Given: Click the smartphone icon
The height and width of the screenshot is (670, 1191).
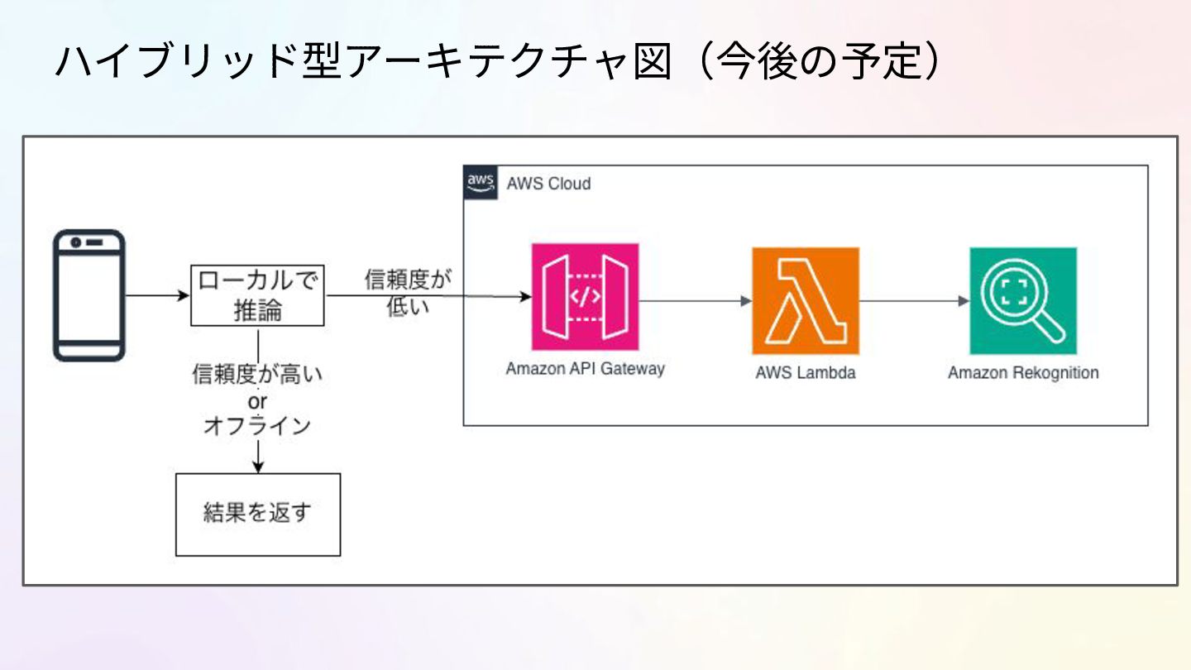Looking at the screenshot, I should [89, 295].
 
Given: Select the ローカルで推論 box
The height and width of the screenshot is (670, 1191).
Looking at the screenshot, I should [258, 295].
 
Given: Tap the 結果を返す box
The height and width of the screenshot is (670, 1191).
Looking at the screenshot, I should [258, 514].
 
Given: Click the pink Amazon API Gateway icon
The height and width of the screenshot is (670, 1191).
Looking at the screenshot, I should [586, 297].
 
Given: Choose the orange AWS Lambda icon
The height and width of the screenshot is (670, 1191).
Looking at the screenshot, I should [805, 300].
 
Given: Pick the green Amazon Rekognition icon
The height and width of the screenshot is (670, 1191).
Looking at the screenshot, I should [1023, 300].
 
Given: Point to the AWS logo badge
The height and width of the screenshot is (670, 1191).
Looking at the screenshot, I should [481, 183].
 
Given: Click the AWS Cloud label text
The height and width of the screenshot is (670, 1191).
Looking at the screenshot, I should [549, 184].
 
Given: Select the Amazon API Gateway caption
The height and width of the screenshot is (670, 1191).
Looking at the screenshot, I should [586, 369].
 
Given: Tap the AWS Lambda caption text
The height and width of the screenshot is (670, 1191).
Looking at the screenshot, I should [805, 372].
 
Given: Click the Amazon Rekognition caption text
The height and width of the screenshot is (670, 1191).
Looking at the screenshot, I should [1023, 372].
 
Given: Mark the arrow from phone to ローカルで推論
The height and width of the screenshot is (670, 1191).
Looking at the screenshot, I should [157, 295].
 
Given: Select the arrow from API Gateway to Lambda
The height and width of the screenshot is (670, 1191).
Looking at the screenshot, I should [695, 301].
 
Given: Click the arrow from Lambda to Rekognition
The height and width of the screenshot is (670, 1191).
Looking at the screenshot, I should [914, 301].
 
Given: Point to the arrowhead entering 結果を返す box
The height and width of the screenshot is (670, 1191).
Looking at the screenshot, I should [258, 467].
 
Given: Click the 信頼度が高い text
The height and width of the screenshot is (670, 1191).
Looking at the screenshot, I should [257, 375].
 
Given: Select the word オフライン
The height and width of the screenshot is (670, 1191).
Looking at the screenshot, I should [257, 426].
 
